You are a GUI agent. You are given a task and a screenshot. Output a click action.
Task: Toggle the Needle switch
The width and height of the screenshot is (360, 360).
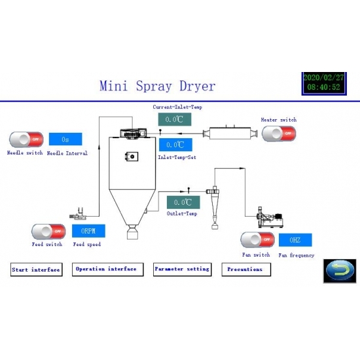26,139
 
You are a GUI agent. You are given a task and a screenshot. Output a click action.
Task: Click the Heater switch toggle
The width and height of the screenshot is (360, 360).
279,134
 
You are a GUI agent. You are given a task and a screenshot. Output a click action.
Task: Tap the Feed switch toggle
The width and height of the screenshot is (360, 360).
48,232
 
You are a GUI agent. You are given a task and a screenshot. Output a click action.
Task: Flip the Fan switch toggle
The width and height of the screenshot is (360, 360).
257,240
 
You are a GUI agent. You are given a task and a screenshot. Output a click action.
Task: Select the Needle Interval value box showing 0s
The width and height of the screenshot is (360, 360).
65,139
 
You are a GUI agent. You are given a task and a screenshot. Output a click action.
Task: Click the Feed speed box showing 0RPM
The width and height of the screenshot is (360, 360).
88,231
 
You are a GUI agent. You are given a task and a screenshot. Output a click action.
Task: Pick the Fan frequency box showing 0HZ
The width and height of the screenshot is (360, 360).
295,240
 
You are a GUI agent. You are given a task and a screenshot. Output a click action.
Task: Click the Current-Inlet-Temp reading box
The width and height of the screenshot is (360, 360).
175,119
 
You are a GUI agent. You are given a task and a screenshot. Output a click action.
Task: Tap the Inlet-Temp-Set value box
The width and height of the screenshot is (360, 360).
175,145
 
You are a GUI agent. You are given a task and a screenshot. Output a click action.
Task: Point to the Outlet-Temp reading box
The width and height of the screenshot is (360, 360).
183,202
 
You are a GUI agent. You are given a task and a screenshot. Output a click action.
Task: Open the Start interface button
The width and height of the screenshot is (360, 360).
37,270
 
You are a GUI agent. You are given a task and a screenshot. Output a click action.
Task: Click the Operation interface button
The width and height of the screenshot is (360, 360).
108,269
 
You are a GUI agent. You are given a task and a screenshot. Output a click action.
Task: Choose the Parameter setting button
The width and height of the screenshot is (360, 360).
183,269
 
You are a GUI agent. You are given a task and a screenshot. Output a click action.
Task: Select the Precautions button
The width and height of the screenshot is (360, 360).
246,269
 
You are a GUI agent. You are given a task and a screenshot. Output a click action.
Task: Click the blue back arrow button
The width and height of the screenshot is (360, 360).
340,271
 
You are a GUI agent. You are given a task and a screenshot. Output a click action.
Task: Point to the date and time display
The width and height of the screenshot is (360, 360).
324,84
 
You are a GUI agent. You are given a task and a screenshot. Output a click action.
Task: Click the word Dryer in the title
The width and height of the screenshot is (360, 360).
198,86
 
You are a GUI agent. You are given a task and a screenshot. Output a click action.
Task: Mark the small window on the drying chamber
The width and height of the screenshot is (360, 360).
132,156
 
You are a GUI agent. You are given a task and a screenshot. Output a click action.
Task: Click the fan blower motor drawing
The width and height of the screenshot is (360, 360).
270,217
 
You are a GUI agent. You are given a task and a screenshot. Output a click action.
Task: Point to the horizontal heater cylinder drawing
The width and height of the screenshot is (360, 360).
230,133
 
